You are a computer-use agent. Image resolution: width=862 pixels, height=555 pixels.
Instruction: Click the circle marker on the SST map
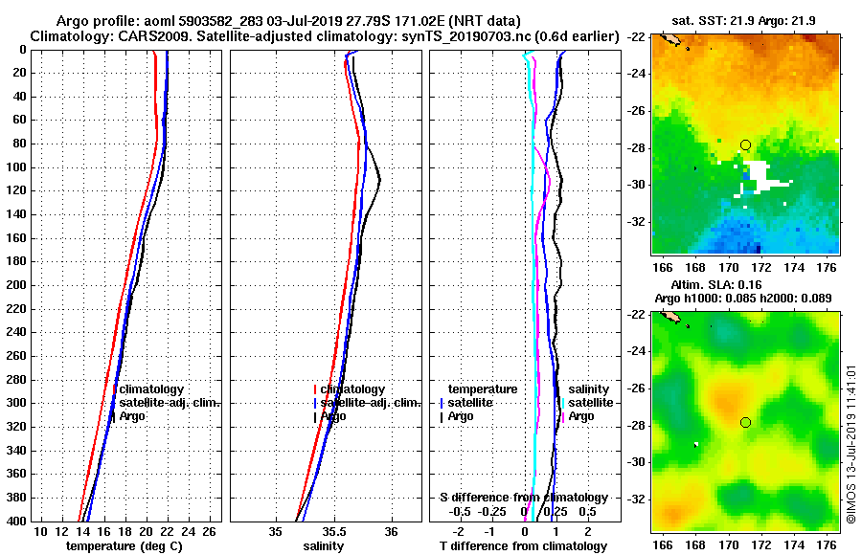745,144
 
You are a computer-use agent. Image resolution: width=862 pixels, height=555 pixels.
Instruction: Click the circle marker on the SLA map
745,422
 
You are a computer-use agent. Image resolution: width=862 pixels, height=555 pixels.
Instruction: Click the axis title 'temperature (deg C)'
124,545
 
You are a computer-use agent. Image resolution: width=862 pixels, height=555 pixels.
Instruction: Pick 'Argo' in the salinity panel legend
333,416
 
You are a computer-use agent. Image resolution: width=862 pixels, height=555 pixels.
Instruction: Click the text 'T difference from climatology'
523,545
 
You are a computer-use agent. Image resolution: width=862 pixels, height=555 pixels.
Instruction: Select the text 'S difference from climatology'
523,498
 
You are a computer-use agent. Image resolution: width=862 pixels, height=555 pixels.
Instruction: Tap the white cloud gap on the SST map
761,178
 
